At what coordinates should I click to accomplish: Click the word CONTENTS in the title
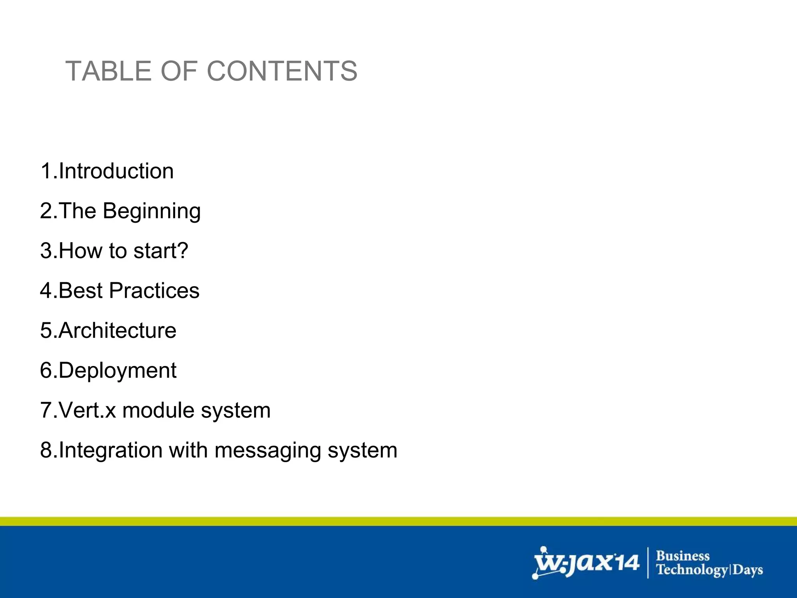click(x=282, y=71)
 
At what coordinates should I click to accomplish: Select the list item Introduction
click(x=116, y=171)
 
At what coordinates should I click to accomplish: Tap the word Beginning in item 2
click(x=152, y=211)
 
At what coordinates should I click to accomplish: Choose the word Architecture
click(x=118, y=331)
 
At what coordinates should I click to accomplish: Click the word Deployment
click(x=118, y=371)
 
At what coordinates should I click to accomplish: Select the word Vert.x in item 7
click(x=88, y=410)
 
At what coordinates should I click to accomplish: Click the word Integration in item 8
click(x=111, y=450)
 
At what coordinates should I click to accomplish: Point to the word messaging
click(x=267, y=451)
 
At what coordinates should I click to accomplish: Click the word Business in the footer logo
click(x=683, y=556)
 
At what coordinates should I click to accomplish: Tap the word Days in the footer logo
click(x=748, y=570)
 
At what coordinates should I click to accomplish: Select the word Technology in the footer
click(x=692, y=570)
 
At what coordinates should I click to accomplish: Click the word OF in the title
click(x=180, y=71)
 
